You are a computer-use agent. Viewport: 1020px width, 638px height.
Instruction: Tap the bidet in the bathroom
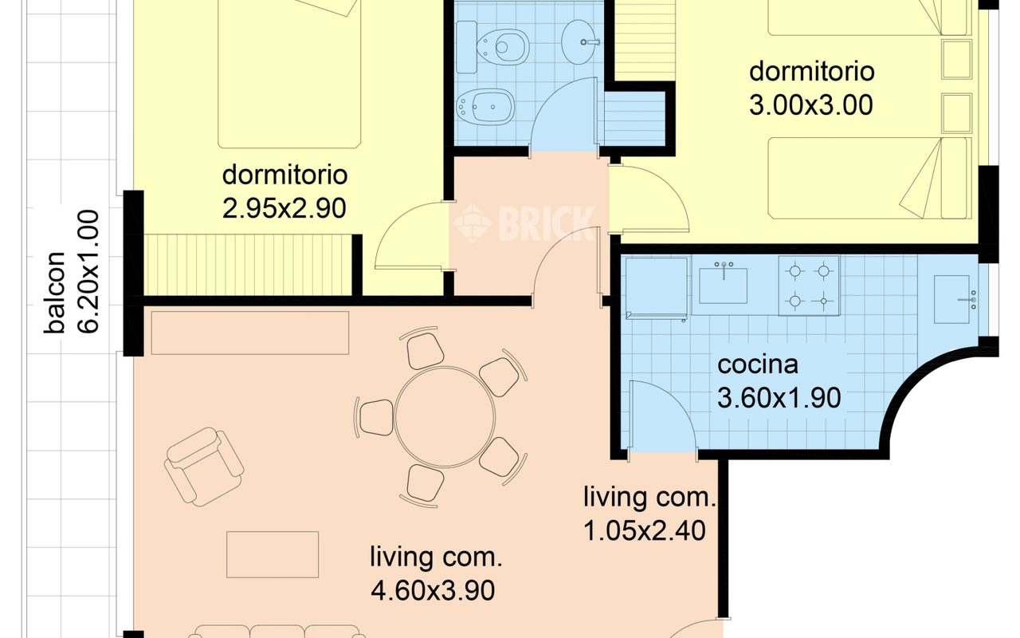click(x=485, y=107)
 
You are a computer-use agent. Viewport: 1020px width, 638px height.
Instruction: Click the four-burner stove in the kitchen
click(x=809, y=286)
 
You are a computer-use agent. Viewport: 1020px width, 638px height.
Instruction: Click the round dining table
click(x=445, y=417)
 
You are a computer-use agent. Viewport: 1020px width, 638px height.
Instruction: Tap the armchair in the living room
click(x=203, y=467)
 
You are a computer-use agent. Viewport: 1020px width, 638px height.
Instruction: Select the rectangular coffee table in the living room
click(x=273, y=554)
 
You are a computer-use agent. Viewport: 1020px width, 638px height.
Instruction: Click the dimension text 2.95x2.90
click(x=284, y=208)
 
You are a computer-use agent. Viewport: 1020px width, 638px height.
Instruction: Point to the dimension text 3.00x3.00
click(x=811, y=104)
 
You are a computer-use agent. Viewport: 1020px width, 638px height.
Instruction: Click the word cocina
click(x=758, y=364)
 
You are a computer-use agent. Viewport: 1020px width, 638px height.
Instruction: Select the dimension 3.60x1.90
click(x=779, y=398)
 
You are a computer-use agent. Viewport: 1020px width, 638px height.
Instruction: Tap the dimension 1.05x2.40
click(x=645, y=530)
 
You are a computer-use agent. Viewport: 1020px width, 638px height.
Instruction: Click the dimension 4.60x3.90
click(x=433, y=591)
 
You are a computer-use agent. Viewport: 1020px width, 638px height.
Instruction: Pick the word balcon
click(x=55, y=292)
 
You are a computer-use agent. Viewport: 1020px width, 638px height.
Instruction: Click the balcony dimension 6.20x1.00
click(x=88, y=272)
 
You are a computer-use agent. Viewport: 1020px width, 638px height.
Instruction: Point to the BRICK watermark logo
click(x=524, y=223)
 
